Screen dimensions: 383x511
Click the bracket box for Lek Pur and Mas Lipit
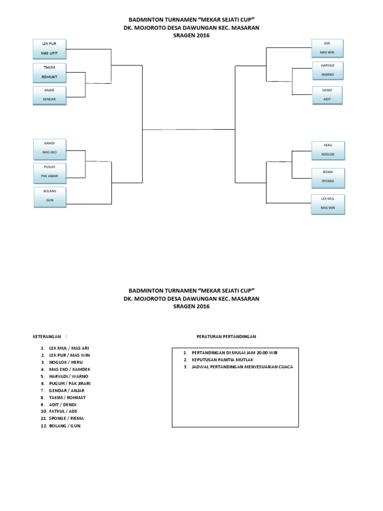click(x=49, y=49)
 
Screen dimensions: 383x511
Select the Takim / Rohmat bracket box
click(x=49, y=73)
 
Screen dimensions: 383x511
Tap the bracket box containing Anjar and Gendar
click(x=49, y=95)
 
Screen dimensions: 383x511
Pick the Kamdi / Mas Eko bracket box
click(x=50, y=149)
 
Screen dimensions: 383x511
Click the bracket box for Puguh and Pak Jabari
click(x=50, y=172)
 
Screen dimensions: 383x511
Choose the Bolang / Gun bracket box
click(x=50, y=197)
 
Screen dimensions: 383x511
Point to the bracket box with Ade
click(x=327, y=48)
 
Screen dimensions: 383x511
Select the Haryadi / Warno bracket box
click(x=328, y=70)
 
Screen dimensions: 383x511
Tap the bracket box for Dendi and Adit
click(x=327, y=95)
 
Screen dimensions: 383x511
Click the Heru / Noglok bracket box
click(x=328, y=151)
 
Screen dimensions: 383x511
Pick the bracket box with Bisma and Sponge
click(x=328, y=178)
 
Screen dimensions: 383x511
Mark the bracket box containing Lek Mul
click(x=328, y=204)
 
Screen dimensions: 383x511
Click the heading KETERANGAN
click(x=47, y=337)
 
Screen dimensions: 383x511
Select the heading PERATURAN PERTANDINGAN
click(x=226, y=337)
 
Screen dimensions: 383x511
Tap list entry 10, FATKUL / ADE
click(x=59, y=411)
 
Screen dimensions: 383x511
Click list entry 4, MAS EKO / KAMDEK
click(x=65, y=369)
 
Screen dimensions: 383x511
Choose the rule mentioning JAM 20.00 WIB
click(x=230, y=353)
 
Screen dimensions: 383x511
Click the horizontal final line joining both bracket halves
click(x=189, y=130)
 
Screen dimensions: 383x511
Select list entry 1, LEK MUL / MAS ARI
click(x=65, y=348)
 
